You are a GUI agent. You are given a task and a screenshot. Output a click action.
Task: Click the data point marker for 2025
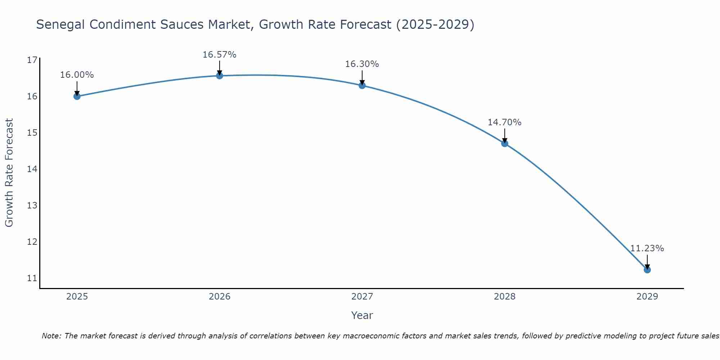point(77,96)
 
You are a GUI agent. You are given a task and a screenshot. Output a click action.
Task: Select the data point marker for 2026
point(219,76)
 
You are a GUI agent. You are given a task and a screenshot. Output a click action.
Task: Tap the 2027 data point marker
point(362,85)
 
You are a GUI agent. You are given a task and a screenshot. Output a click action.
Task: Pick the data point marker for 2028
point(504,143)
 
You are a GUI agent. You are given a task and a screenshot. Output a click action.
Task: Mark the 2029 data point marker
point(647,270)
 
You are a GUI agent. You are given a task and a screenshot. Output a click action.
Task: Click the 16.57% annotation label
point(219,55)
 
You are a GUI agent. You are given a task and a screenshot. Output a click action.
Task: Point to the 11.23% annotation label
point(647,248)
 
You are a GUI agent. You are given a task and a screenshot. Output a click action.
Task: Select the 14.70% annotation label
point(504,122)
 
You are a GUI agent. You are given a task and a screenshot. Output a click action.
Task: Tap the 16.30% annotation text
point(362,64)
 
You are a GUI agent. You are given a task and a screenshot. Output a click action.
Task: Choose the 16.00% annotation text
point(77,75)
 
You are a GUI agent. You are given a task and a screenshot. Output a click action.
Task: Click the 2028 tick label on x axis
point(504,297)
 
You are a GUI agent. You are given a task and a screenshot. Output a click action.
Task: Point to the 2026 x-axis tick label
point(220,297)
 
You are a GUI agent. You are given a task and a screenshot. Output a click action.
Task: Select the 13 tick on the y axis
point(32,206)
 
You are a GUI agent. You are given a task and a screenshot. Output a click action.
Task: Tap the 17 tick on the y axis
point(32,60)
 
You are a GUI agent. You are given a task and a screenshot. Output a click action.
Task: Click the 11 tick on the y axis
point(32,278)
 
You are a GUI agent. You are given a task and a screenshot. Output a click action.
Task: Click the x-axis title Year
point(362,315)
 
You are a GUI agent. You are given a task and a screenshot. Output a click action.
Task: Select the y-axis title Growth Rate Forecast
point(9,173)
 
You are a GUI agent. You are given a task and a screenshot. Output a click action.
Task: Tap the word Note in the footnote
point(51,336)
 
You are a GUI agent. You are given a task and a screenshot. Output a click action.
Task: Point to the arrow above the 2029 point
point(647,261)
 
